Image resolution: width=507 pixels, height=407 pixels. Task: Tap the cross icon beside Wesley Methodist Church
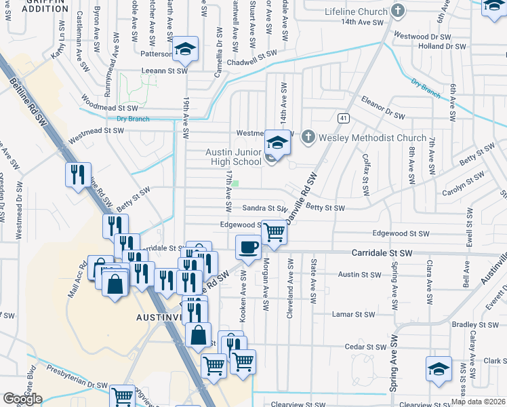pyautogui.click(x=308, y=138)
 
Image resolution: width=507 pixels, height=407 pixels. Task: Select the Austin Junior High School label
pyautogui.click(x=233, y=157)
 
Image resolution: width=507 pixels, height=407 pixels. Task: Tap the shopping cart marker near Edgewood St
pyautogui.click(x=274, y=232)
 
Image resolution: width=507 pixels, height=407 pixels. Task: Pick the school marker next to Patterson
pyautogui.click(x=184, y=50)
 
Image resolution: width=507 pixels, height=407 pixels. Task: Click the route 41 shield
pyautogui.click(x=344, y=118)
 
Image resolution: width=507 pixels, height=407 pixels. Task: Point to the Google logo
pyautogui.click(x=22, y=399)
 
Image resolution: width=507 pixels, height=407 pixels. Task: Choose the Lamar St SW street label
pyautogui.click(x=353, y=314)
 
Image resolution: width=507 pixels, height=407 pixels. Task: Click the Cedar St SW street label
pyautogui.click(x=364, y=346)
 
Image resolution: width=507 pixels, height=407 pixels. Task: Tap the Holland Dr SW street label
pyautogui.click(x=441, y=47)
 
